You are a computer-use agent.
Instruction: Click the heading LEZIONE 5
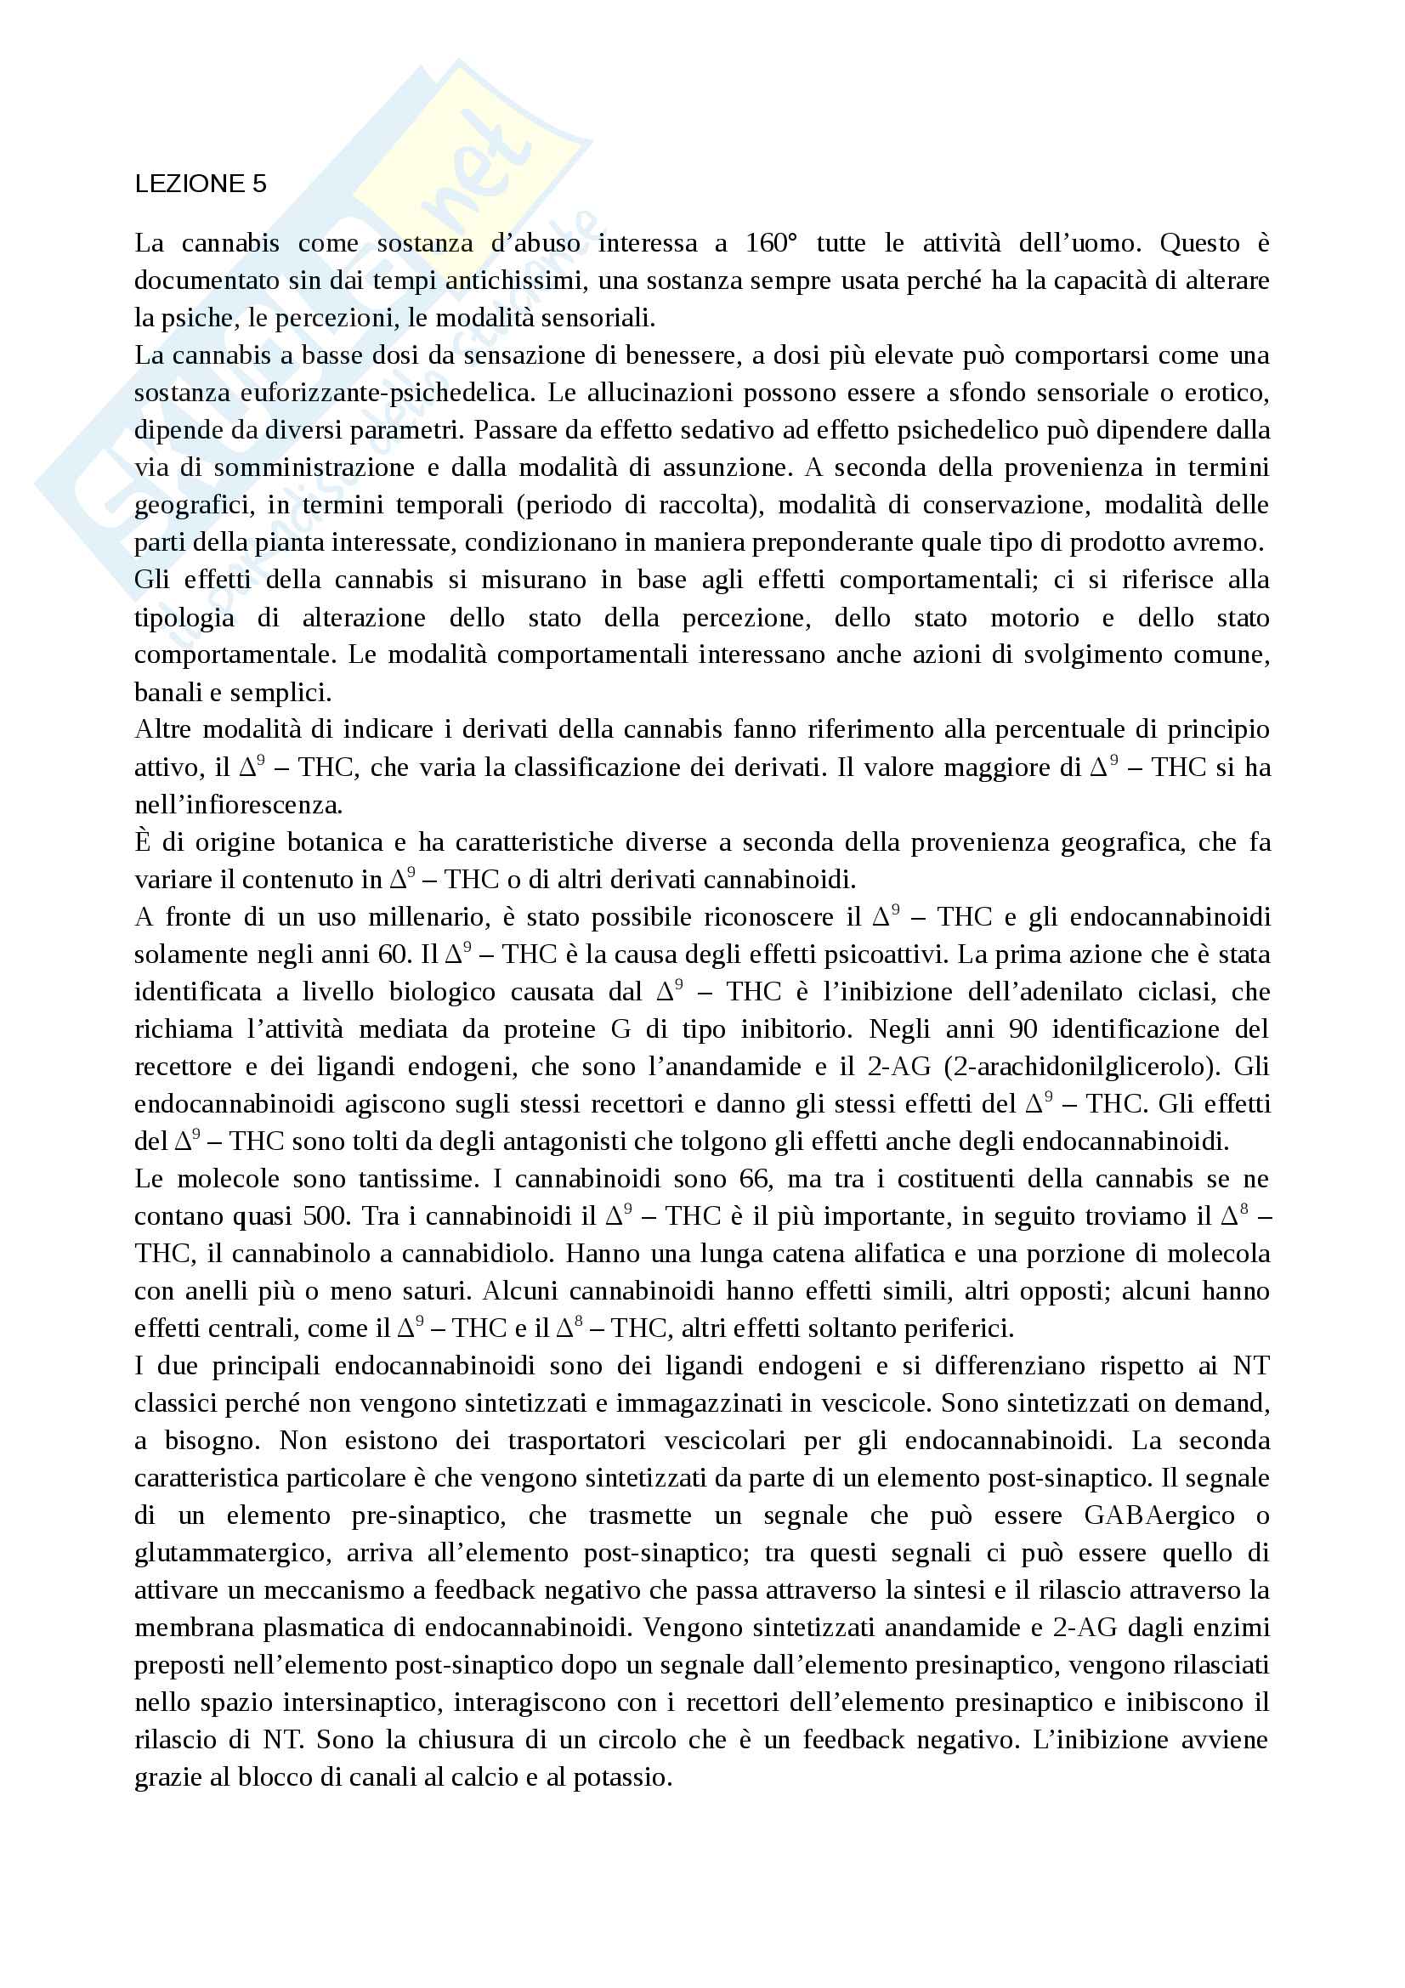(x=200, y=184)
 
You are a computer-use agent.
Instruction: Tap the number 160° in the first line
(x=770, y=243)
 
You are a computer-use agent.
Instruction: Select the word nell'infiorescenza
(x=238, y=805)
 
